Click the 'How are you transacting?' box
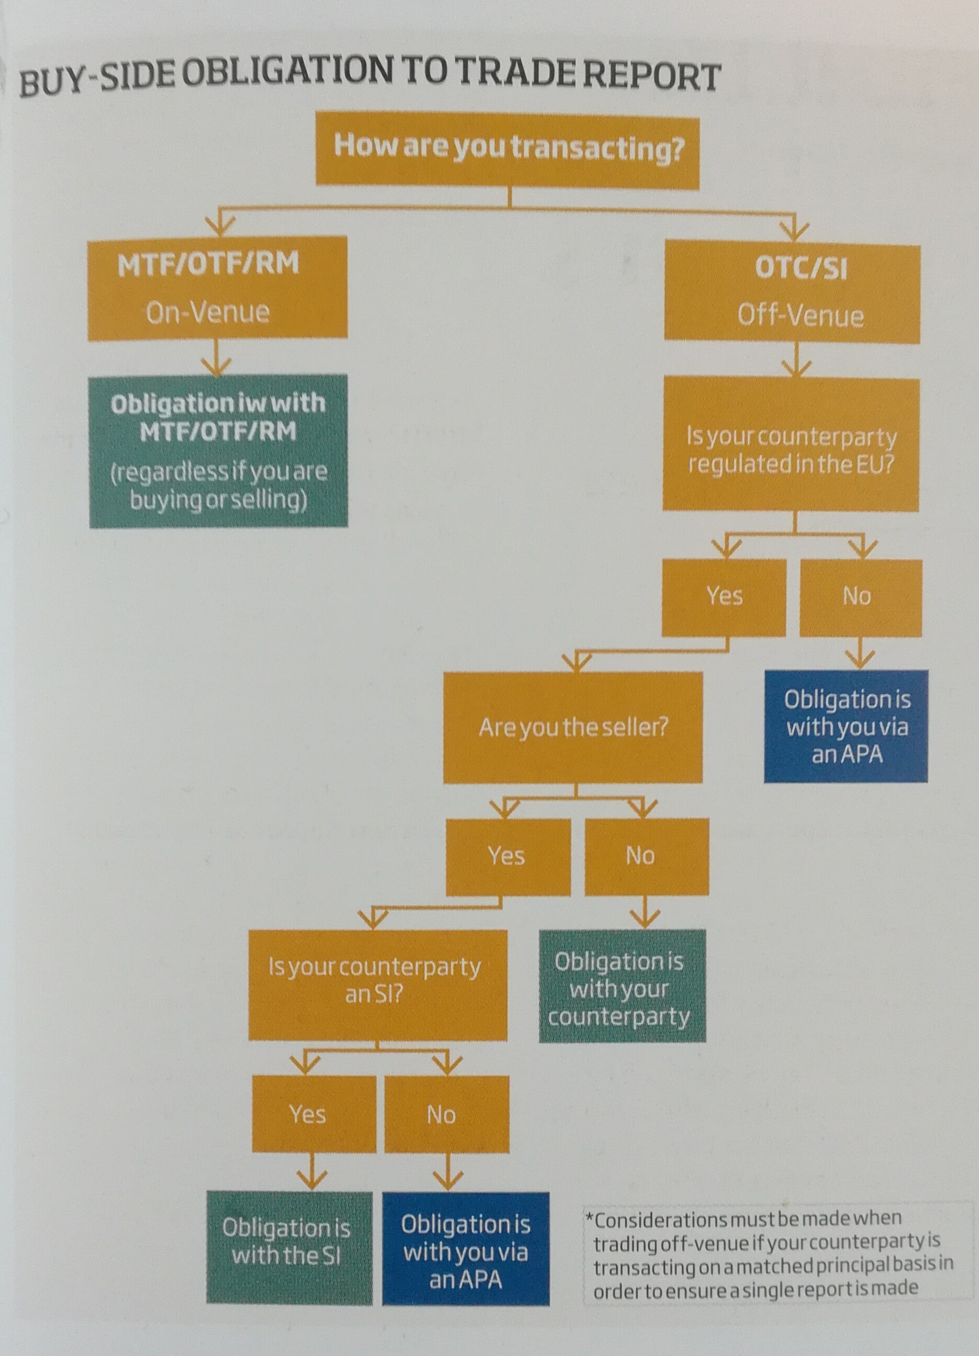pyautogui.click(x=507, y=152)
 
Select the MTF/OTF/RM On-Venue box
pyautogui.click(x=218, y=288)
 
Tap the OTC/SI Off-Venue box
pyautogui.click(x=792, y=292)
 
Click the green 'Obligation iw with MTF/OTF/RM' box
pyautogui.click(x=218, y=451)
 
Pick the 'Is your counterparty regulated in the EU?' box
pyautogui.click(x=791, y=444)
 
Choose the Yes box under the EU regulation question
pyautogui.click(x=724, y=597)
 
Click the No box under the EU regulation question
pyautogui.click(x=860, y=597)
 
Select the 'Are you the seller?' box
pyautogui.click(x=572, y=727)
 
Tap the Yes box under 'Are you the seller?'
pyautogui.click(x=508, y=856)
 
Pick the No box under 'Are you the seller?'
pyautogui.click(x=646, y=856)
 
